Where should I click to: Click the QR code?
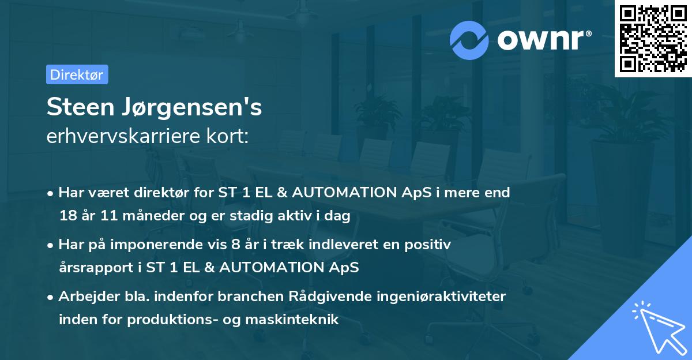[653, 39]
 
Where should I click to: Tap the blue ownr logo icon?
[469, 40]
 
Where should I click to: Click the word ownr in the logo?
[544, 40]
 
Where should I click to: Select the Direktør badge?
[77, 74]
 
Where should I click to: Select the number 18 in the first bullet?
[67, 216]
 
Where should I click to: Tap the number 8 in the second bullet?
[235, 245]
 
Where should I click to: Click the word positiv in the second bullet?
[430, 245]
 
